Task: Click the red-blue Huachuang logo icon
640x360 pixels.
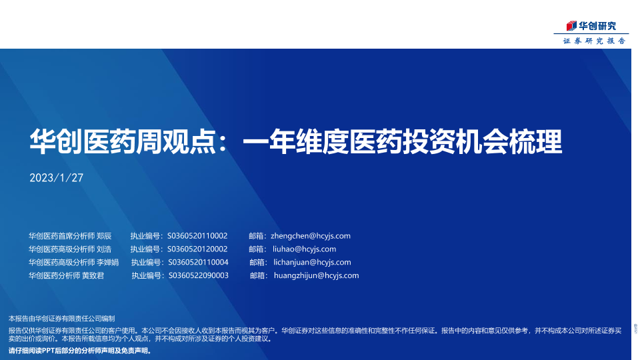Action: (x=571, y=26)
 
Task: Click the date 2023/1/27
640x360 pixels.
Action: (x=56, y=178)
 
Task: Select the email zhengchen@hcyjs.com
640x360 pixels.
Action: (x=311, y=236)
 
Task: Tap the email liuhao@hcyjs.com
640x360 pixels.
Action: (x=305, y=249)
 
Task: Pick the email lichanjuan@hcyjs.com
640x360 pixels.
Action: (x=312, y=262)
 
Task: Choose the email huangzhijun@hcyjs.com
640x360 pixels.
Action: (x=316, y=275)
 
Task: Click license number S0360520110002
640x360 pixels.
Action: (x=197, y=236)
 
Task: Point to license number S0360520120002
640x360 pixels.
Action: (x=197, y=249)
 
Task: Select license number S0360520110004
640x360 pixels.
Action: (x=199, y=262)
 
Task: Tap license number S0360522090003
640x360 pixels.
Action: (x=199, y=275)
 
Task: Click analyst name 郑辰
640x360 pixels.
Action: (x=104, y=236)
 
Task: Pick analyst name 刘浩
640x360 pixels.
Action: (x=104, y=249)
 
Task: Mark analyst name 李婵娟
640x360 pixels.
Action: (x=108, y=262)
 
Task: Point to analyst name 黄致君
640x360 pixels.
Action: (x=93, y=275)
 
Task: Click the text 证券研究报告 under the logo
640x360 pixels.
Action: (x=594, y=41)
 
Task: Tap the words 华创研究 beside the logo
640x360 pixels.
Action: (x=597, y=26)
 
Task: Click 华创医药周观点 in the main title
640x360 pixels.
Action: (x=123, y=141)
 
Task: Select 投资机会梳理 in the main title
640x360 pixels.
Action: (x=483, y=141)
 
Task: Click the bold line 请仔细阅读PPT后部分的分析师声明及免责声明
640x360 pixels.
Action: (x=81, y=351)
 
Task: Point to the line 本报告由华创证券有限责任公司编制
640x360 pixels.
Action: (x=61, y=319)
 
